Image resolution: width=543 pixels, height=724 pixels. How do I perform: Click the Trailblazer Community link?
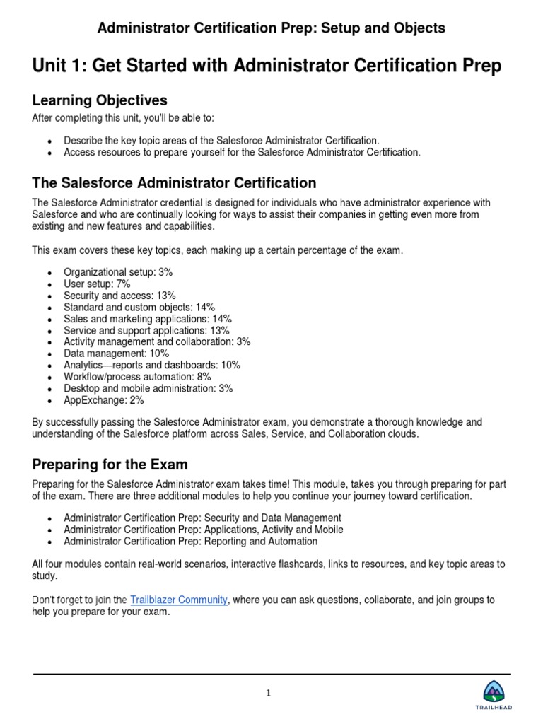pyautogui.click(x=179, y=600)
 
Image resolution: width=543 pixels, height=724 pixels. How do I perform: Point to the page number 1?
pyautogui.click(x=269, y=693)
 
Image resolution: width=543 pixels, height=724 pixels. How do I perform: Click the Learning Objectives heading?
pyautogui.click(x=100, y=100)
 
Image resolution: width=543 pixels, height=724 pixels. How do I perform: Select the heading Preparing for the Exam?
pyautogui.click(x=110, y=465)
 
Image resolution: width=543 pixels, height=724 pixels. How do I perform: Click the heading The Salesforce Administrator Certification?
pyautogui.click(x=174, y=183)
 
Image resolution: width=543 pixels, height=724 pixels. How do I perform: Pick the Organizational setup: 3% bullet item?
pyautogui.click(x=118, y=272)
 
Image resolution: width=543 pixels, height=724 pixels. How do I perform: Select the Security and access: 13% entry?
pyautogui.click(x=119, y=296)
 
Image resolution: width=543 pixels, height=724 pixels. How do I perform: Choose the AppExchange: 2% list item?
pyautogui.click(x=103, y=400)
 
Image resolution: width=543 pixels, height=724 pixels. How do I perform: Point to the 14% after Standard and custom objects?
pyautogui.click(x=202, y=307)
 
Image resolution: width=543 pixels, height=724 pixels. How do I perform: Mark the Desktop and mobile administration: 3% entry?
pyautogui.click(x=148, y=388)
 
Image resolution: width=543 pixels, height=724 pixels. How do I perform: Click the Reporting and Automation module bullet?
pyautogui.click(x=190, y=542)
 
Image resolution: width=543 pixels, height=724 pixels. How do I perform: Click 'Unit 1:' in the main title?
pyautogui.click(x=59, y=66)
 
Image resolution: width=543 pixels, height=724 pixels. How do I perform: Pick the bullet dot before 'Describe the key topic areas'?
pyautogui.click(x=49, y=141)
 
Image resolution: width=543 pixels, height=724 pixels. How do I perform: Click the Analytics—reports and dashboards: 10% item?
pyautogui.click(x=152, y=365)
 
